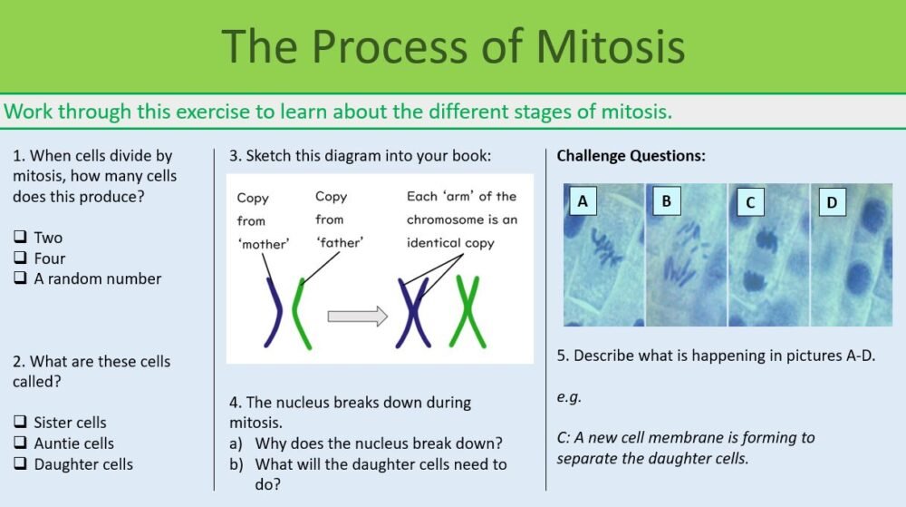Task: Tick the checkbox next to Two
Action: [20, 238]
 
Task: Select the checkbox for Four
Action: [20, 258]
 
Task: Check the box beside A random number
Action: [20, 279]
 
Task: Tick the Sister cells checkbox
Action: [20, 423]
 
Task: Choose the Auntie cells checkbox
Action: [20, 444]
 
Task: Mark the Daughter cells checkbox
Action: [20, 464]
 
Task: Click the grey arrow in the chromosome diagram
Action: [356, 317]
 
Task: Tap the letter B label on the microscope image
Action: [666, 201]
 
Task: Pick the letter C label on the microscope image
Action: [749, 202]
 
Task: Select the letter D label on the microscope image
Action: [832, 202]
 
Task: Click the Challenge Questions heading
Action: [631, 156]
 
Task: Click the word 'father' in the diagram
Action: [338, 243]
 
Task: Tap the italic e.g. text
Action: [569, 396]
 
